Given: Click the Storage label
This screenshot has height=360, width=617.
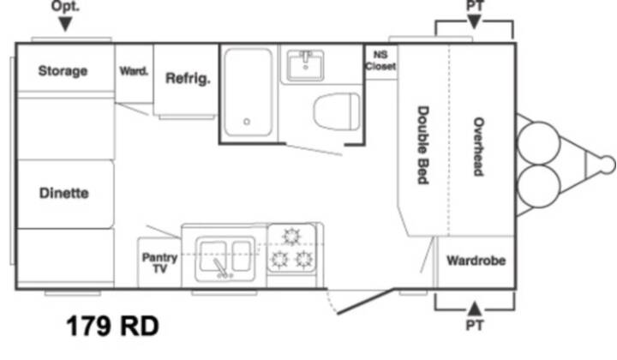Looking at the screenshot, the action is [63, 71].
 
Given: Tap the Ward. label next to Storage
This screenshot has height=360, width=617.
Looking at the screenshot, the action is [134, 71].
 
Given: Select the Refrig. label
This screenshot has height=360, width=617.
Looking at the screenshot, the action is [188, 79].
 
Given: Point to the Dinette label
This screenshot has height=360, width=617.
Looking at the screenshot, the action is [63, 193].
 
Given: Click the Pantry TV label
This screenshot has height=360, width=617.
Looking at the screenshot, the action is [159, 263].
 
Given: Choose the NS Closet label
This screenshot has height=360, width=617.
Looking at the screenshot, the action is [380, 61].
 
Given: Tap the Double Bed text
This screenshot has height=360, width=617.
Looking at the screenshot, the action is [422, 145].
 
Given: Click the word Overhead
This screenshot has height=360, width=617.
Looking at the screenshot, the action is [478, 147].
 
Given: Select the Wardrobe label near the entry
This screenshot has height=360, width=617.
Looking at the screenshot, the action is [476, 261].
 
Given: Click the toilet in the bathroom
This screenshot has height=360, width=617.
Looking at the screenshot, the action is [337, 111].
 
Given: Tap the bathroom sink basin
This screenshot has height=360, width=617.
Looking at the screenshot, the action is [305, 65].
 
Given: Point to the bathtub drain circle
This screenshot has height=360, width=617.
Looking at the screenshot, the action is [247, 122].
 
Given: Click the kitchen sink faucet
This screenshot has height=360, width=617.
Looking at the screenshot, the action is [220, 267].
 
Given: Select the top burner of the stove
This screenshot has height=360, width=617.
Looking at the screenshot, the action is [291, 237].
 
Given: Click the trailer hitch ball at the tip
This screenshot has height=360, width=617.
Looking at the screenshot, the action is [608, 165].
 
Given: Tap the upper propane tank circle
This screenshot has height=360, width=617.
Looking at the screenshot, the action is [539, 143].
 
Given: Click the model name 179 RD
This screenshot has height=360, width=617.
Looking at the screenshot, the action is [112, 327].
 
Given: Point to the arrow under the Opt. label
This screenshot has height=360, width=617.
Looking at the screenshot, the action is [65, 24].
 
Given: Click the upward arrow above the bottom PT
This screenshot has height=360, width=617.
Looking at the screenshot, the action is [475, 309].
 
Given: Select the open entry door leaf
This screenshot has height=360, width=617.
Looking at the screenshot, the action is [365, 302].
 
